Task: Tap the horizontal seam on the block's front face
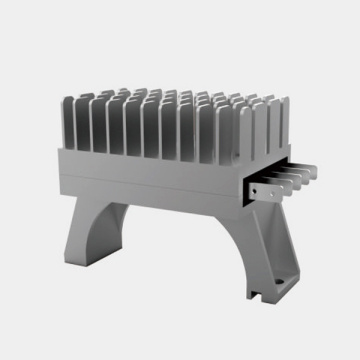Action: [x=150, y=178]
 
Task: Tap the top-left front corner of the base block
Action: [x=59, y=151]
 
